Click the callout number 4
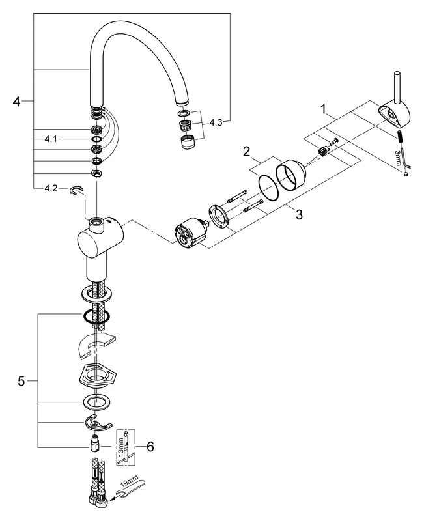[x=17, y=101]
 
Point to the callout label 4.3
[x=217, y=122]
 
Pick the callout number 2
[x=247, y=151]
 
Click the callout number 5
[x=22, y=380]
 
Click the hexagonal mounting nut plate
[x=96, y=374]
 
